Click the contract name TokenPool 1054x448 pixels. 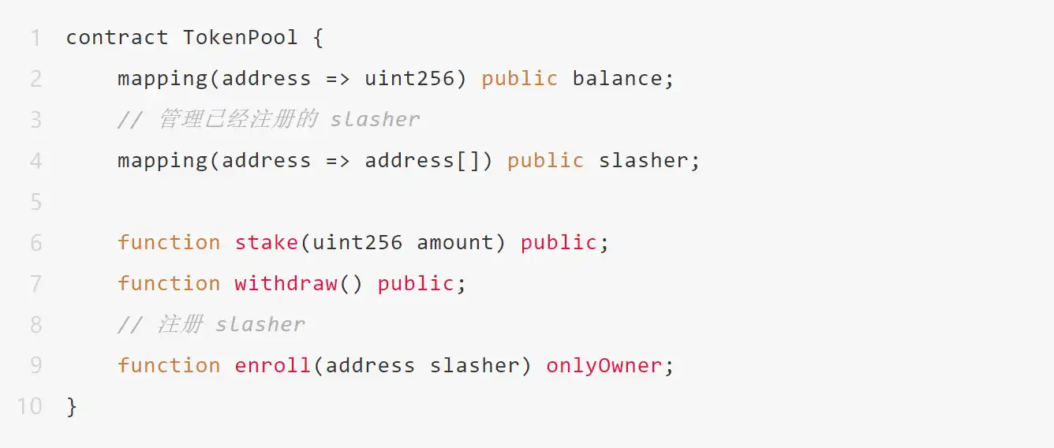tap(241, 37)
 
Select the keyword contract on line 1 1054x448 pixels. tap(117, 37)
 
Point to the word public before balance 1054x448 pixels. tap(519, 78)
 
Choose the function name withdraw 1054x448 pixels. tap(286, 283)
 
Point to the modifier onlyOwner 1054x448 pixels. tap(604, 365)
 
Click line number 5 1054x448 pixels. tap(36, 201)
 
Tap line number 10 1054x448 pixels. tap(29, 406)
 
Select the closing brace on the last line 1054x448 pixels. tap(72, 406)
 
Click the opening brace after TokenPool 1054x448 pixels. tap(318, 37)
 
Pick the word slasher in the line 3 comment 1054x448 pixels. tap(375, 119)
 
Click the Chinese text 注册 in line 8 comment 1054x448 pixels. tap(181, 324)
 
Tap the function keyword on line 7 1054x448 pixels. tap(169, 283)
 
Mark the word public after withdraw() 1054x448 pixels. tap(416, 283)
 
